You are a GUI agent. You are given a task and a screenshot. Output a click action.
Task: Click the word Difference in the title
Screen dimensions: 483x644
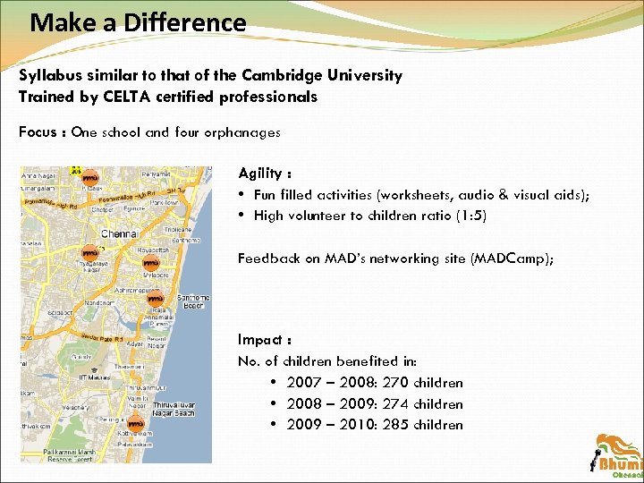(186, 22)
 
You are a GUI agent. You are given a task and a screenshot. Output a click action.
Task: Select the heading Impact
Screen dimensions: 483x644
(258, 340)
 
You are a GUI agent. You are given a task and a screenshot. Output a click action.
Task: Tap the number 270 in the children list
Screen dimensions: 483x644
(394, 383)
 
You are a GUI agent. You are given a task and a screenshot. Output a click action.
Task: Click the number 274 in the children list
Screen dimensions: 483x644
(394, 404)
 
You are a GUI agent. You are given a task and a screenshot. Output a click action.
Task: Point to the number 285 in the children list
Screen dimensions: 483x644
(394, 426)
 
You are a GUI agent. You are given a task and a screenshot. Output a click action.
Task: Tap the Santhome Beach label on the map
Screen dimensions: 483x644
(193, 301)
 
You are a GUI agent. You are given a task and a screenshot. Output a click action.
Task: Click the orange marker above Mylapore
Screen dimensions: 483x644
(150, 263)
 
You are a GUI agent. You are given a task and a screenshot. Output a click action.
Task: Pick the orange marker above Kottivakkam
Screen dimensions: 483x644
(135, 421)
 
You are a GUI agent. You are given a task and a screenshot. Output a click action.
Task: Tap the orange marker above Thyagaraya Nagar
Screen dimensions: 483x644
(89, 252)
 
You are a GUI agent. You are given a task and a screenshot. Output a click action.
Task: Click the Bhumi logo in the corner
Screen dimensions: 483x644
(618, 456)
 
